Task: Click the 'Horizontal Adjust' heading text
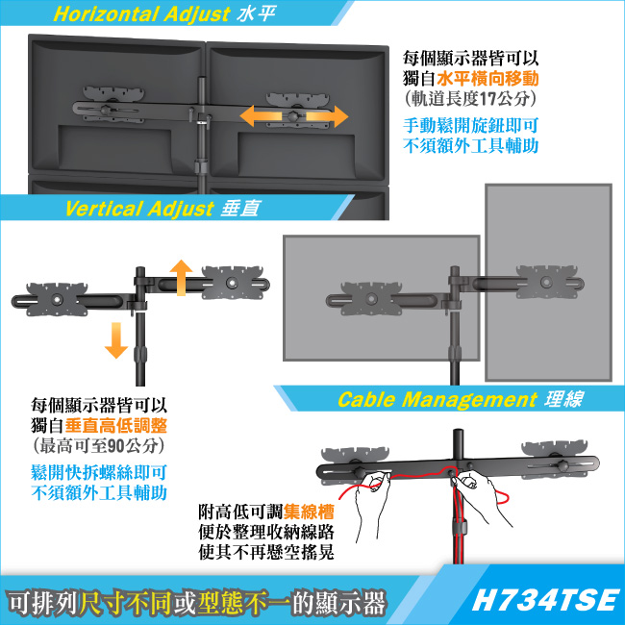(x=141, y=14)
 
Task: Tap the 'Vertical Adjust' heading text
(x=139, y=209)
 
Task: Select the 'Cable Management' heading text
(x=437, y=399)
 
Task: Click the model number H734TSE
(x=545, y=600)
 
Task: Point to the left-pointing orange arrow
(x=262, y=116)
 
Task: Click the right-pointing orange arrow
(x=327, y=116)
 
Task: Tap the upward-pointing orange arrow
(x=181, y=278)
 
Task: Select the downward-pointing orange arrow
(x=116, y=340)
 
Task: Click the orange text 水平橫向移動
(x=487, y=78)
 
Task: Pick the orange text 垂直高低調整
(x=116, y=426)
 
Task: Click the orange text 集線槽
(x=309, y=512)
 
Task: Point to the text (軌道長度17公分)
(x=470, y=98)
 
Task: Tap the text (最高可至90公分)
(x=99, y=445)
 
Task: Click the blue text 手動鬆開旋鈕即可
(x=471, y=126)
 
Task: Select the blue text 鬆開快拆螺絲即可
(x=99, y=473)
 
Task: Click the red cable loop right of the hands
(x=503, y=498)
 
